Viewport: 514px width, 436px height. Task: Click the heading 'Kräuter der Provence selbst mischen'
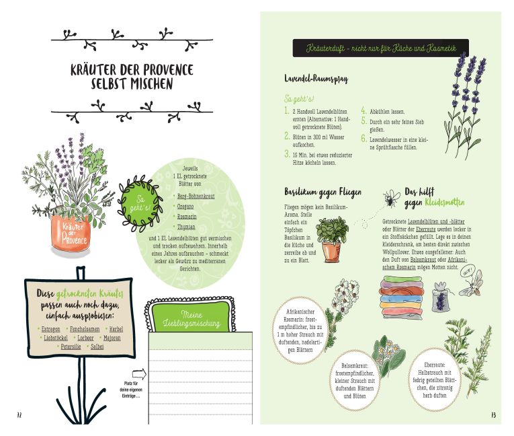click(x=132, y=77)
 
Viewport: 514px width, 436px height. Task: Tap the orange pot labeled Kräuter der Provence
click(x=71, y=231)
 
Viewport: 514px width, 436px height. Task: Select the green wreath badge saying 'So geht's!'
click(x=140, y=204)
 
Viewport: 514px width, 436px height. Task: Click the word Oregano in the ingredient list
click(x=185, y=207)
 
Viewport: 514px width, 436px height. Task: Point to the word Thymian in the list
click(x=186, y=227)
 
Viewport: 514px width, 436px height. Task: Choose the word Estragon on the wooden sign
click(x=51, y=329)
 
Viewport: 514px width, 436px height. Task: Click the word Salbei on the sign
click(x=97, y=347)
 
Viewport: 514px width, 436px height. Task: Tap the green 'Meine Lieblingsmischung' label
click(x=191, y=318)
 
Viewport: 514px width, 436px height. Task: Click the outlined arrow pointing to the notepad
click(x=139, y=374)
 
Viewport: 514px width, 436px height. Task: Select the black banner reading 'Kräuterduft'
click(x=380, y=48)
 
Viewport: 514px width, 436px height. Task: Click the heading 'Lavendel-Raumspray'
click(x=316, y=79)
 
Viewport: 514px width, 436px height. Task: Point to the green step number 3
click(x=287, y=153)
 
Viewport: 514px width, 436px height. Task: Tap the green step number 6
click(x=364, y=139)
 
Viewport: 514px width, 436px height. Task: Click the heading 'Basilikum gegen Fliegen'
click(x=323, y=192)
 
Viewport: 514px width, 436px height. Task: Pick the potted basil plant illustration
click(x=332, y=239)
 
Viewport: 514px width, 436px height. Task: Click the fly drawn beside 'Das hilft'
click(x=392, y=198)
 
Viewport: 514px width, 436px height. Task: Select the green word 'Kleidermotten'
click(x=445, y=203)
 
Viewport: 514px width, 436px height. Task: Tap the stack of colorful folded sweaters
click(x=402, y=297)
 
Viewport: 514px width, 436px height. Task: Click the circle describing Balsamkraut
click(x=354, y=381)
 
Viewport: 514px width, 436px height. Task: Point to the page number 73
click(x=493, y=415)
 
